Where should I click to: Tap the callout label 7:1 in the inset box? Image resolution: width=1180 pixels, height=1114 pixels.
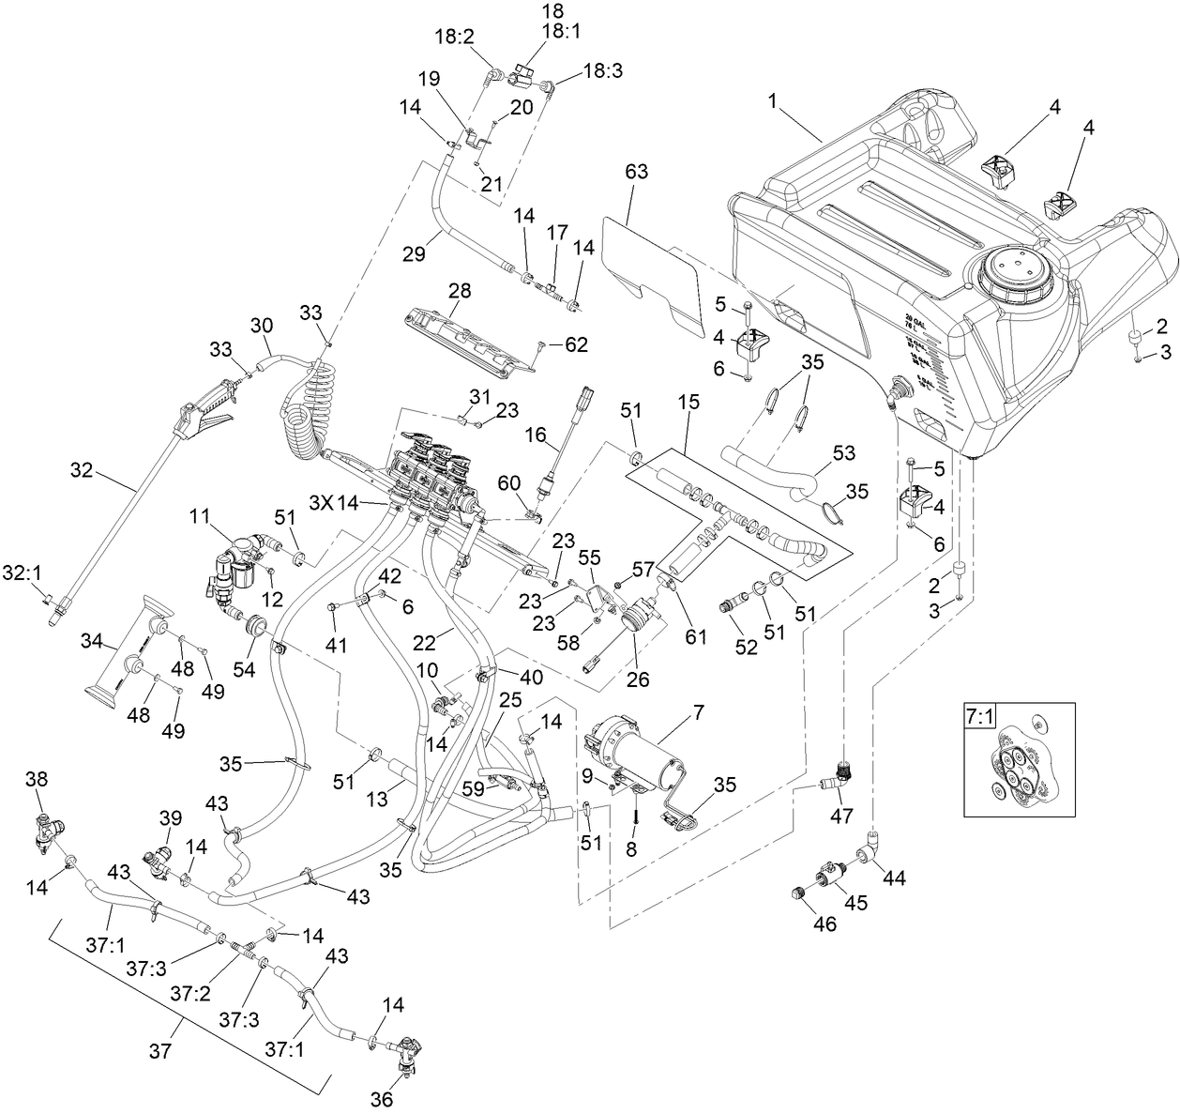click(978, 716)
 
